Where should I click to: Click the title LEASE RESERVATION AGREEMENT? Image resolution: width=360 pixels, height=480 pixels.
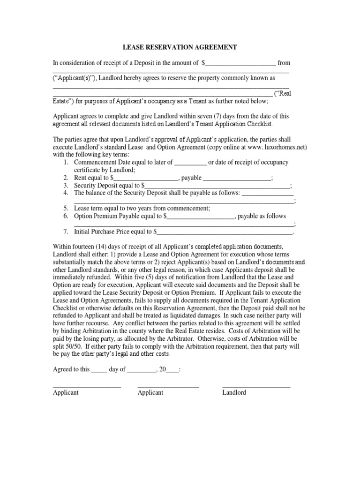point(180,47)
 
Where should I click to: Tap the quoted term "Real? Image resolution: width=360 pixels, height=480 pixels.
point(283,93)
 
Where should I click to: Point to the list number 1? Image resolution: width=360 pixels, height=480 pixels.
point(66,162)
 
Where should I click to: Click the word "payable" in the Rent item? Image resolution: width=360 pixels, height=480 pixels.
point(191,178)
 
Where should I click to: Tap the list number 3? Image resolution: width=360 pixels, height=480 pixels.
point(66,186)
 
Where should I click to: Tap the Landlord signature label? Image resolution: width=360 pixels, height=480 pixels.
point(234,392)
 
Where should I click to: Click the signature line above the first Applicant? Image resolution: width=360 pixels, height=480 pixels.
point(87,387)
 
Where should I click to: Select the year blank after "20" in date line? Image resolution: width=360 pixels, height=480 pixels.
point(172,370)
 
